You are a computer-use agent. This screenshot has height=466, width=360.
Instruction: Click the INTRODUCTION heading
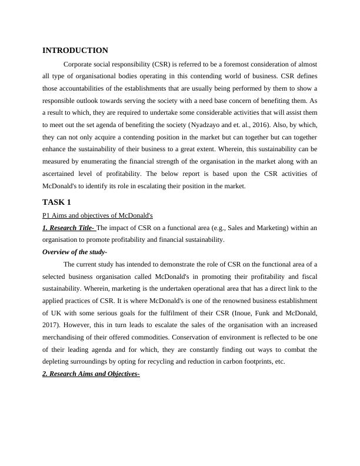[x=75, y=51]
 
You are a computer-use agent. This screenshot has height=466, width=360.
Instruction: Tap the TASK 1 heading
[x=56, y=202]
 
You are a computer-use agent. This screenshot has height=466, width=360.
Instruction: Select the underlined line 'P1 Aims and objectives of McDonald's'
[x=98, y=215]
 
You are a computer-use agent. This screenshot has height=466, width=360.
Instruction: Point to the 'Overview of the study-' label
[x=74, y=252]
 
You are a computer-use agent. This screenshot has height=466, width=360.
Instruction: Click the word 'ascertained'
[x=61, y=175]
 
